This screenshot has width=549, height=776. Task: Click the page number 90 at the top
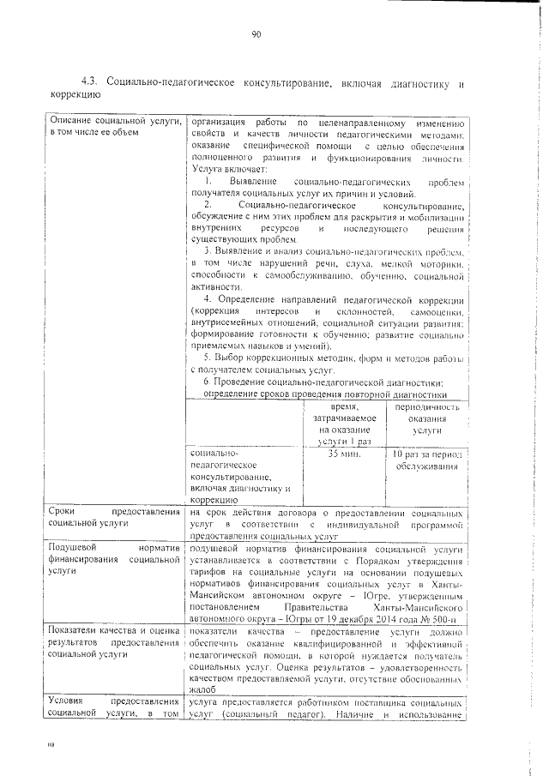click(x=256, y=34)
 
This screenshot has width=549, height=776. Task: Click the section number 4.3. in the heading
click(x=90, y=82)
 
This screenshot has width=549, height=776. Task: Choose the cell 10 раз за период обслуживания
click(x=425, y=460)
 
